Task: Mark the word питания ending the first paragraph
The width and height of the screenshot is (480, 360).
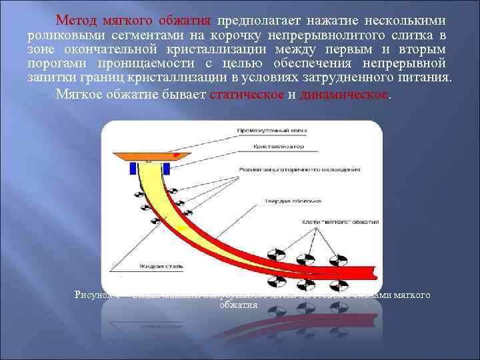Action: click(427, 78)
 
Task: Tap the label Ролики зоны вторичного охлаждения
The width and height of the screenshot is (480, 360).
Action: click(299, 169)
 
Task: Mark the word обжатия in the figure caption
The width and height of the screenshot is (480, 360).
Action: click(238, 305)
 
